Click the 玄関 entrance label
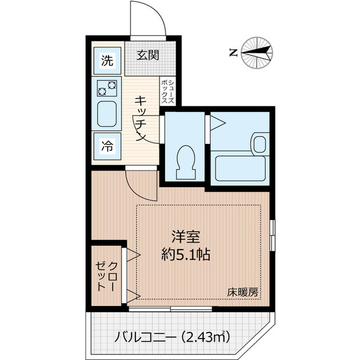pos(149,55)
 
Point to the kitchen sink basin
pos(106,115)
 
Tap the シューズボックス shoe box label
pos(170,91)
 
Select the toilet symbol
pos(184,161)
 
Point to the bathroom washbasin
pos(260,143)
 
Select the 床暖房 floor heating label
pos(242,292)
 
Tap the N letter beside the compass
pos(233,53)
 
